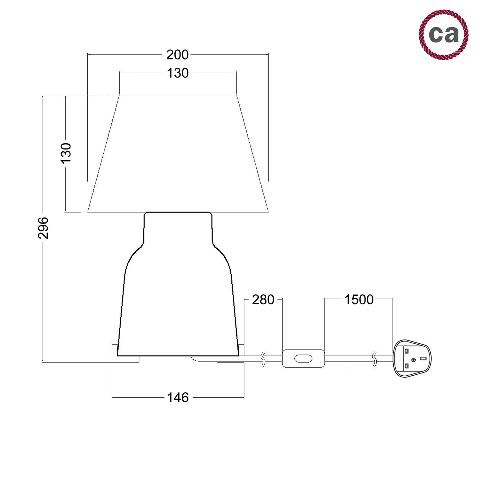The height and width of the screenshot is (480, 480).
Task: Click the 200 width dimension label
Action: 177,55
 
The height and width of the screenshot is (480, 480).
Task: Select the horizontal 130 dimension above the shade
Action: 178,73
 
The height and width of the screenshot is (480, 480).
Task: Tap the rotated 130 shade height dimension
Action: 66,153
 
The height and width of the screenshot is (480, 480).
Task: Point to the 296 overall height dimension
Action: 43,228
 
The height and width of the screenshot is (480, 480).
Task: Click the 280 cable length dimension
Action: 263,300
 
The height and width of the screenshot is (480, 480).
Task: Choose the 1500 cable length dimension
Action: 359,300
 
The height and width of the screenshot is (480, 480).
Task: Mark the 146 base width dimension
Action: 178,398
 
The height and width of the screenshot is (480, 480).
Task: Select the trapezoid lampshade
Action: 178,154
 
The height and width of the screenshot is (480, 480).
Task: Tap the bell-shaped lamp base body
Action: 178,304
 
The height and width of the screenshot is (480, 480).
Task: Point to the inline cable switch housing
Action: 303,358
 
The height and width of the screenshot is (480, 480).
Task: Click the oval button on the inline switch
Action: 303,358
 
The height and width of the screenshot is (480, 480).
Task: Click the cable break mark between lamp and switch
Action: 263,359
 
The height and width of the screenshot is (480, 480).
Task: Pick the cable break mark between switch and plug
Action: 375,359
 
